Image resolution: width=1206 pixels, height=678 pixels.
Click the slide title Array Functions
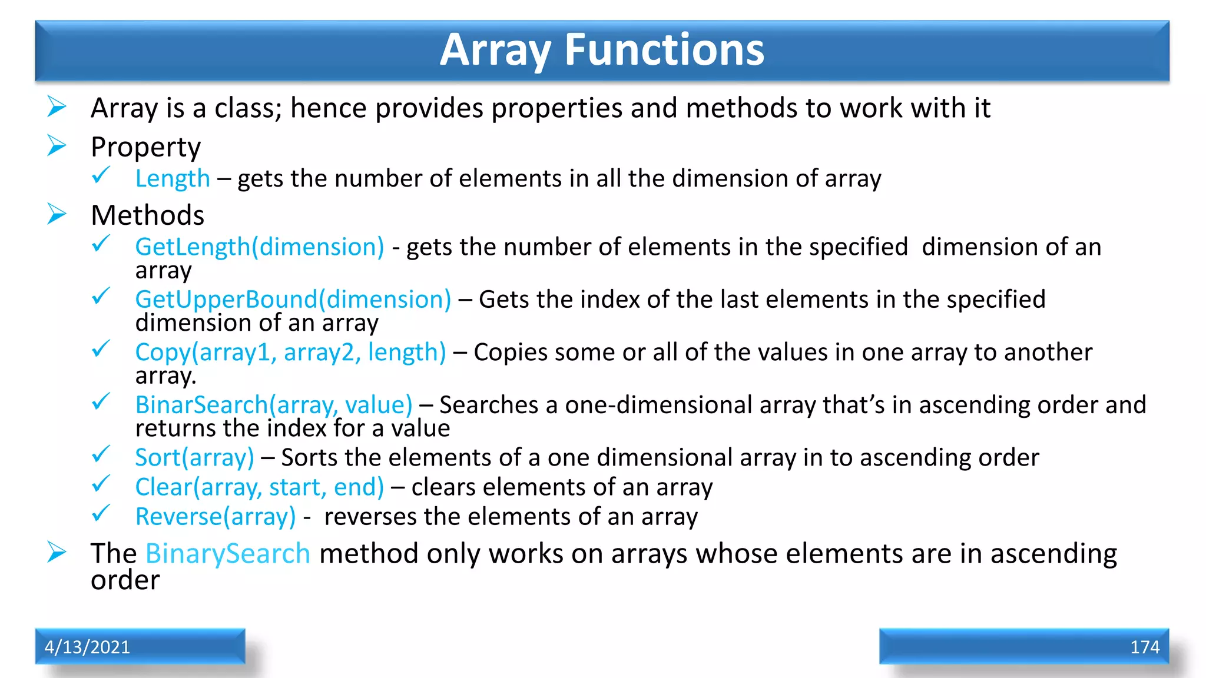(602, 50)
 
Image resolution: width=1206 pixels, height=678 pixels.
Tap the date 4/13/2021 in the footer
(87, 647)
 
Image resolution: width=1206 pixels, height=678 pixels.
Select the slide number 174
(1144, 647)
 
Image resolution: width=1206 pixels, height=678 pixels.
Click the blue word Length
(172, 179)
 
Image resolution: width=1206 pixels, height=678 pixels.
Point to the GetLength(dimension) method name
(259, 247)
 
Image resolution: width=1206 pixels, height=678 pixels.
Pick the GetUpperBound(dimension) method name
(293, 300)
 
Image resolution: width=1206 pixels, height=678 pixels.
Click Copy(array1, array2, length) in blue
(290, 352)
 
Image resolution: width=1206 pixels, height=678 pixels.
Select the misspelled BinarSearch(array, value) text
(273, 405)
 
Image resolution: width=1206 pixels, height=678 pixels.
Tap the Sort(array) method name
(194, 458)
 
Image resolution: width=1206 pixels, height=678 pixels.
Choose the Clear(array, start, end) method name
(259, 487)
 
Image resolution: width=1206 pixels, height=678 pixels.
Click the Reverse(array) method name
(215, 517)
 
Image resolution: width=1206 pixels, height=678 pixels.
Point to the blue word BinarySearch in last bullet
(227, 554)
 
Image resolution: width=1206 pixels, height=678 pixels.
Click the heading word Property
(145, 147)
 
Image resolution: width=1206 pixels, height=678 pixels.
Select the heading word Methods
(147, 215)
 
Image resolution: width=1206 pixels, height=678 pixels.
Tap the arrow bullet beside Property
(57, 145)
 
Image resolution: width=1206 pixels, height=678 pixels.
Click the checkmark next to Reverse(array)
(101, 513)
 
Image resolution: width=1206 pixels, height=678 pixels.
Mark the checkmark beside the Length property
(101, 175)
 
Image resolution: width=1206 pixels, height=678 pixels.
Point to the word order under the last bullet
(125, 581)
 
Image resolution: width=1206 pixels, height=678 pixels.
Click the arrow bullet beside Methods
(57, 214)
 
